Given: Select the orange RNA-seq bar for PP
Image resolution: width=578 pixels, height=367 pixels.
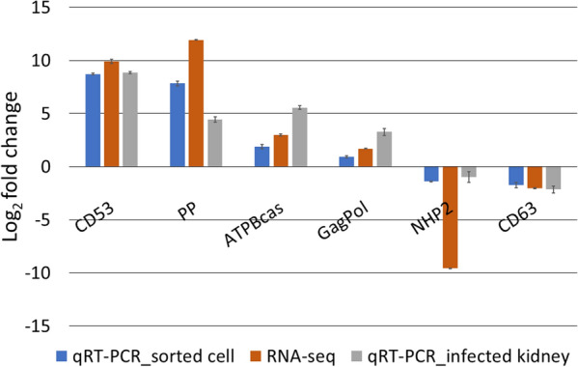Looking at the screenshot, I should click(196, 103).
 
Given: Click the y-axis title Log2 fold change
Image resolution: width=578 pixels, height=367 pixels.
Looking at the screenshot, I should click(14, 166).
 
